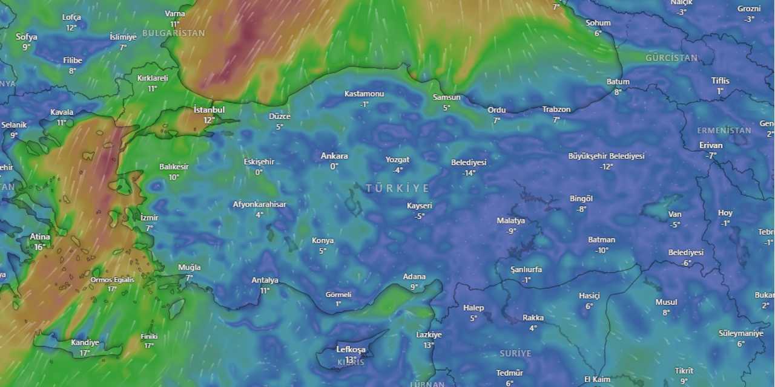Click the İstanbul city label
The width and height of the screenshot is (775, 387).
[x=209, y=109]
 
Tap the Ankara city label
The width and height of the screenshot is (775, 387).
[x=334, y=156]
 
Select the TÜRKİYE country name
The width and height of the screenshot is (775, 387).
[x=397, y=188]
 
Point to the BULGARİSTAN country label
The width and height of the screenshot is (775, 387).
[x=174, y=33]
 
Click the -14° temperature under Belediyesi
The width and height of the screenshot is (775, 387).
[x=469, y=173]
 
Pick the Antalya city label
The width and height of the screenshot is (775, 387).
[x=265, y=280]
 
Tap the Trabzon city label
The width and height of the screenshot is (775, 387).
[x=556, y=109]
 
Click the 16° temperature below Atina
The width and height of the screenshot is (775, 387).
[x=40, y=247]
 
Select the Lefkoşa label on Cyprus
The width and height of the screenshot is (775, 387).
[x=351, y=350]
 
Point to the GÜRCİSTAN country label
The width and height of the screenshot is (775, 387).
[x=671, y=58]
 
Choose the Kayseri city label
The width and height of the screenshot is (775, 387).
[x=420, y=206]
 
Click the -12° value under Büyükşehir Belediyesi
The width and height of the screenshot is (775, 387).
[x=607, y=166]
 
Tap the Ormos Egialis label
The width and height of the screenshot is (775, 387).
[x=112, y=280]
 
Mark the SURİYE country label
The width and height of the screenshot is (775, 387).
[x=515, y=353]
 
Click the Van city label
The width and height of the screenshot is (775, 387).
[x=675, y=214]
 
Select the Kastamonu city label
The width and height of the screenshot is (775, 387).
[x=364, y=94]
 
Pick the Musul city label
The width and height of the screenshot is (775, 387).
[x=666, y=302]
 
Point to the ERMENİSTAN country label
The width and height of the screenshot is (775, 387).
[x=724, y=131]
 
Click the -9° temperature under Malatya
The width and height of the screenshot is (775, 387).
[x=512, y=231]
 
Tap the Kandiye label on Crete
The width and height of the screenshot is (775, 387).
[x=85, y=343]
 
